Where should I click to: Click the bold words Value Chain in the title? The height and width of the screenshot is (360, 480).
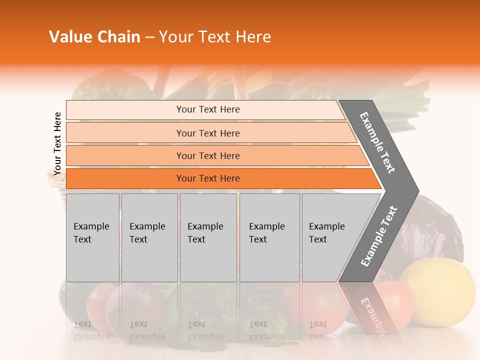click(x=94, y=37)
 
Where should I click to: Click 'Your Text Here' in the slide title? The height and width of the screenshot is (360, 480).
click(x=214, y=37)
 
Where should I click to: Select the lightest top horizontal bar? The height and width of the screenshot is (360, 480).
click(x=205, y=109)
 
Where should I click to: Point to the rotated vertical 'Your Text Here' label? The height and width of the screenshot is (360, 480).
click(x=57, y=143)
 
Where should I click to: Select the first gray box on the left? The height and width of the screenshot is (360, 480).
click(x=92, y=237)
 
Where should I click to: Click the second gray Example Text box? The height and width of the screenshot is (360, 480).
click(x=149, y=237)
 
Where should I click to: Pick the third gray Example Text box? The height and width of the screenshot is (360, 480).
click(x=208, y=237)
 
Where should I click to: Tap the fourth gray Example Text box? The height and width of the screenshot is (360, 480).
click(x=269, y=237)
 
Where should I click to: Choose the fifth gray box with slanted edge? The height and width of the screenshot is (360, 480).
click(x=330, y=237)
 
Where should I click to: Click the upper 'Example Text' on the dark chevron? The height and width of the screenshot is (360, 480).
click(x=378, y=142)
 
